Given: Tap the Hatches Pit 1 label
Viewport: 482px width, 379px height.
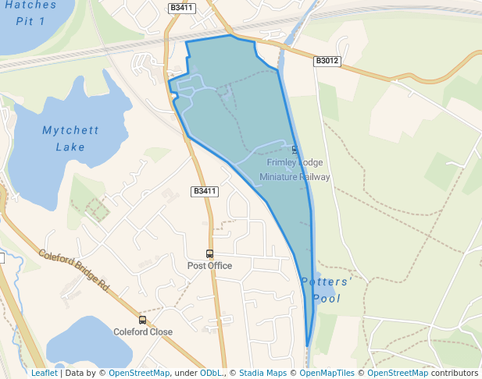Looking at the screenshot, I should click(x=30, y=12).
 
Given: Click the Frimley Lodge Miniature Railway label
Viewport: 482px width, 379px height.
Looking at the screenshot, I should click(x=295, y=169).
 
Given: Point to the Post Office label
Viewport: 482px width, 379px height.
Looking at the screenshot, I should click(x=209, y=265).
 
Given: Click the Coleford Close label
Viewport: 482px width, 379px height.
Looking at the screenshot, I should click(x=143, y=331).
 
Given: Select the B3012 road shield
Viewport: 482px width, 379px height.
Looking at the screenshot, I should click(x=327, y=60).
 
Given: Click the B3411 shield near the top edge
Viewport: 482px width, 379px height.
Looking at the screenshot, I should click(x=182, y=8).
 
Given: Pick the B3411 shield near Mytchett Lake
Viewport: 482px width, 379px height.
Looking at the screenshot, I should click(x=205, y=191).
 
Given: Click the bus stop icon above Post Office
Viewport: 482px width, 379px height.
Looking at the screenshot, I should click(x=209, y=253).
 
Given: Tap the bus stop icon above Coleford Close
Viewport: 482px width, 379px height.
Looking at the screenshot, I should click(x=142, y=320).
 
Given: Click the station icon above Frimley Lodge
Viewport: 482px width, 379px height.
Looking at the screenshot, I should click(x=295, y=149).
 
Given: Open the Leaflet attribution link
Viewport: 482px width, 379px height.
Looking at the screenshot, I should click(x=44, y=373).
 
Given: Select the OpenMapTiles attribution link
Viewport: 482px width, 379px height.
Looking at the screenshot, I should click(x=329, y=373).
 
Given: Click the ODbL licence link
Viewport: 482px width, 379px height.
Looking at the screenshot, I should click(x=211, y=373).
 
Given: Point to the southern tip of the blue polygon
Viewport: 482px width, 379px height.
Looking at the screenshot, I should click(x=307, y=345).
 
